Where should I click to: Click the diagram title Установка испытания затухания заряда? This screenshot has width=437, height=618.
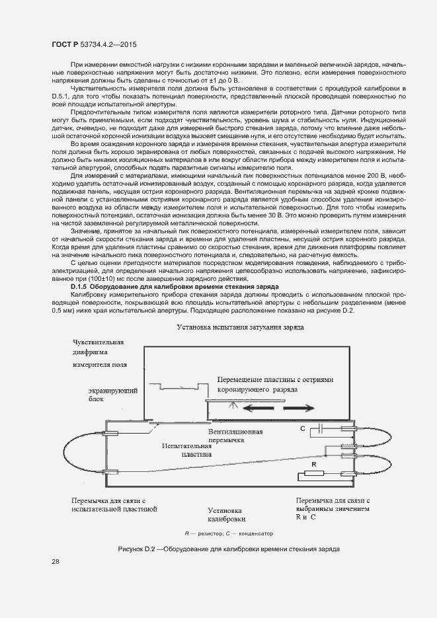(x=240, y=327)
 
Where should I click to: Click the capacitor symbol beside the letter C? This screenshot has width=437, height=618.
(x=319, y=429)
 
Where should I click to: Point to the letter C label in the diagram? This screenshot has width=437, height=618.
(x=302, y=429)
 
